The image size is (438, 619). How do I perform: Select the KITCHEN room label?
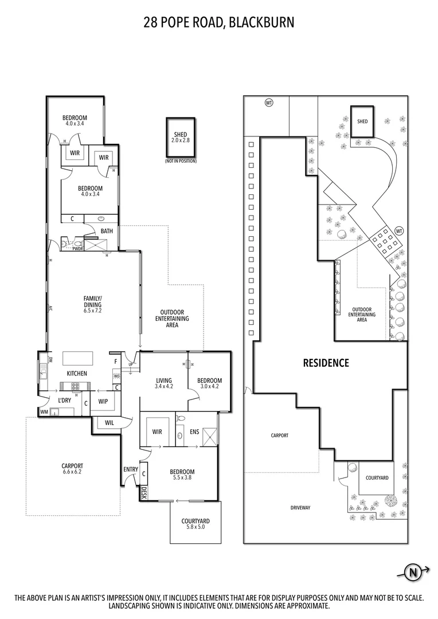[77, 374]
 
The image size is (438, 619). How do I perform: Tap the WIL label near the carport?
[109, 423]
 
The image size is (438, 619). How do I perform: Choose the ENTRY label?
[131, 469]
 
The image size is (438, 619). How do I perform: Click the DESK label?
[143, 492]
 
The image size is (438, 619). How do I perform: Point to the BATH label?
[107, 231]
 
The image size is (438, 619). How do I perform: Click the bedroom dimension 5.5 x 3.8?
[182, 476]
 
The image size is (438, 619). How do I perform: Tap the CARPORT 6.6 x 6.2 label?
[72, 469]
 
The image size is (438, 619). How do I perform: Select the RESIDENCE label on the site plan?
[326, 363]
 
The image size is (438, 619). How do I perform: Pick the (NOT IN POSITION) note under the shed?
[181, 161]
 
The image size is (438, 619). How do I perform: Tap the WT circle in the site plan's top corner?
[268, 103]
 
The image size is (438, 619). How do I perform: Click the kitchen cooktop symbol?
[75, 385]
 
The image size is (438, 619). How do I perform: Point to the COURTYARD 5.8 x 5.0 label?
[195, 523]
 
